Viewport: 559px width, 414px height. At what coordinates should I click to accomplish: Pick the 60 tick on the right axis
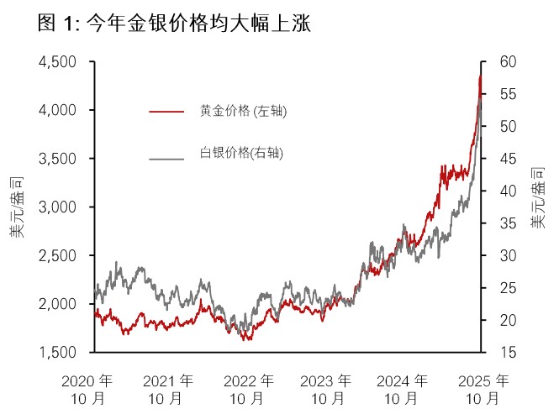[x=498, y=62]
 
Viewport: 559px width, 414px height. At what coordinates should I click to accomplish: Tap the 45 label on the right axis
[x=498, y=159]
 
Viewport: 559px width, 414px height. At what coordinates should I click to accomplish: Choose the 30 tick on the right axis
[x=498, y=255]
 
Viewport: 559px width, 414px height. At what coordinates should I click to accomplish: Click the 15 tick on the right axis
[x=498, y=352]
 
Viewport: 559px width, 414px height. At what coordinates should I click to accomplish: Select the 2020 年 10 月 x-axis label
[x=87, y=386]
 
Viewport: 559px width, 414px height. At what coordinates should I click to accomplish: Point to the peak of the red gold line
[x=479, y=75]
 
